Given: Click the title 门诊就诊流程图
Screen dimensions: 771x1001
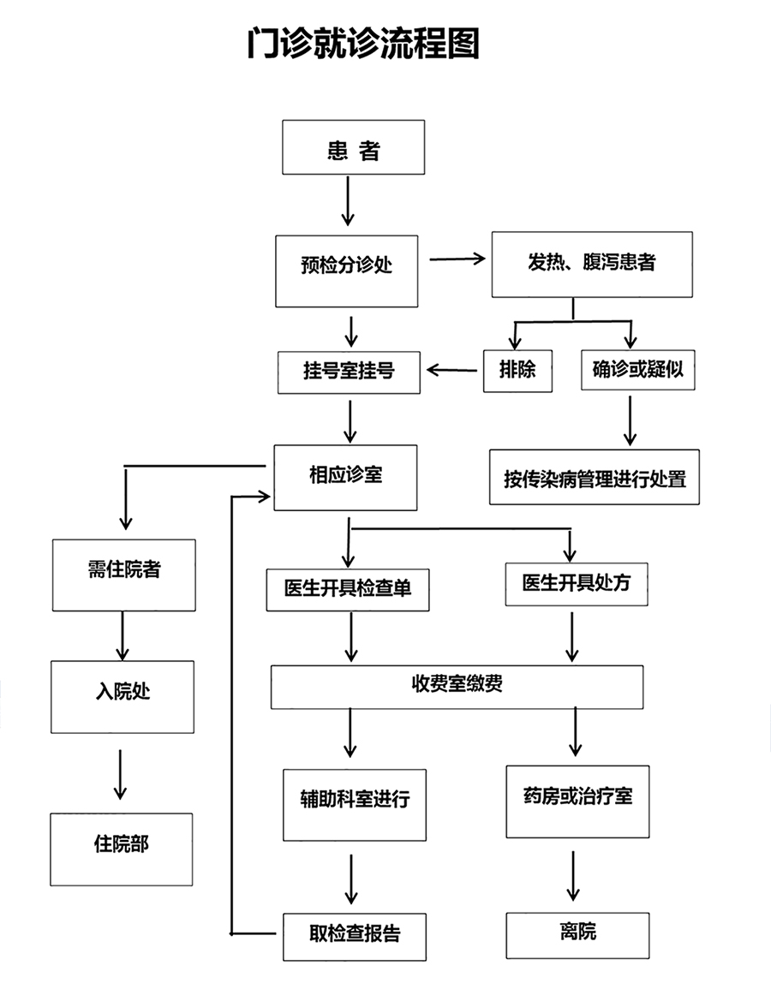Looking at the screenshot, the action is tap(363, 44).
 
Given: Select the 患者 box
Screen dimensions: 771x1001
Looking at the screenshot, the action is tap(353, 146).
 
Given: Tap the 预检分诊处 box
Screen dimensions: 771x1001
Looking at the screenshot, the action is tap(347, 271).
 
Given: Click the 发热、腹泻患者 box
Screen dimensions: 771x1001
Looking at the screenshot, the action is tap(592, 265).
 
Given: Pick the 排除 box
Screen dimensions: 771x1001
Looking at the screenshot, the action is tap(517, 370).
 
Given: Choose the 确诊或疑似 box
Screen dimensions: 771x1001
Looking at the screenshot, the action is tap(638, 369).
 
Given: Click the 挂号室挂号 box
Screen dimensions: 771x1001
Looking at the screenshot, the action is tap(349, 372).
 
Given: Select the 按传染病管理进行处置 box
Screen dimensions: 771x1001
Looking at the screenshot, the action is tap(594, 477).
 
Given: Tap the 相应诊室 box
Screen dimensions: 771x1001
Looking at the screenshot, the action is tap(345, 478).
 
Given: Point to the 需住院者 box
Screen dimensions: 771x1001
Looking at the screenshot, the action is tap(124, 575).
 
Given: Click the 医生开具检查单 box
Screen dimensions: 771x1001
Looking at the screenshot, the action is tap(348, 589).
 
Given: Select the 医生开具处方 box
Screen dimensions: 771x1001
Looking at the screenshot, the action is tap(577, 583).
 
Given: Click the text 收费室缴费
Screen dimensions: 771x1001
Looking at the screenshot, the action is tap(457, 683).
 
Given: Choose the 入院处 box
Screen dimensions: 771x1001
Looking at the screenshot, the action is tap(123, 696).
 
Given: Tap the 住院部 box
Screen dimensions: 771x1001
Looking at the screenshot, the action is tap(122, 849).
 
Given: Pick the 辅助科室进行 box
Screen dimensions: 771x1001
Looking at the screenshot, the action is tap(355, 804).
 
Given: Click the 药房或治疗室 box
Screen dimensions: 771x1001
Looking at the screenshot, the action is tap(577, 801).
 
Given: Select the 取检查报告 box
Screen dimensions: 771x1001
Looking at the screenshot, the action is tap(355, 937).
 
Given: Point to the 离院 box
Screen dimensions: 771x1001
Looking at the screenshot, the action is tap(577, 935).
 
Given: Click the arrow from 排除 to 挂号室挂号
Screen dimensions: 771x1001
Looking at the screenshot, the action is tap(451, 370).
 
